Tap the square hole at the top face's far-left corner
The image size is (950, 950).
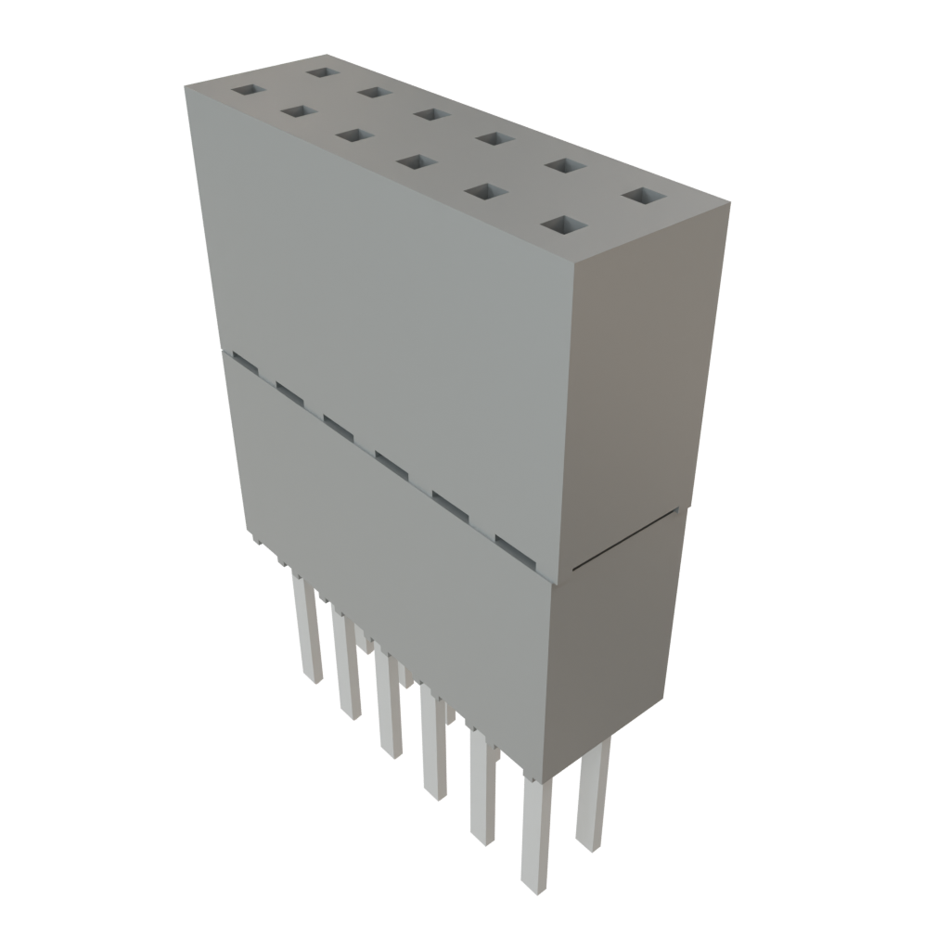248,91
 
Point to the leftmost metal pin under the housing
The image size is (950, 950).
307,631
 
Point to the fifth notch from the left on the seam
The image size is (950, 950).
450,505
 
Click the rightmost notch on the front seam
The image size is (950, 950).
516,548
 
